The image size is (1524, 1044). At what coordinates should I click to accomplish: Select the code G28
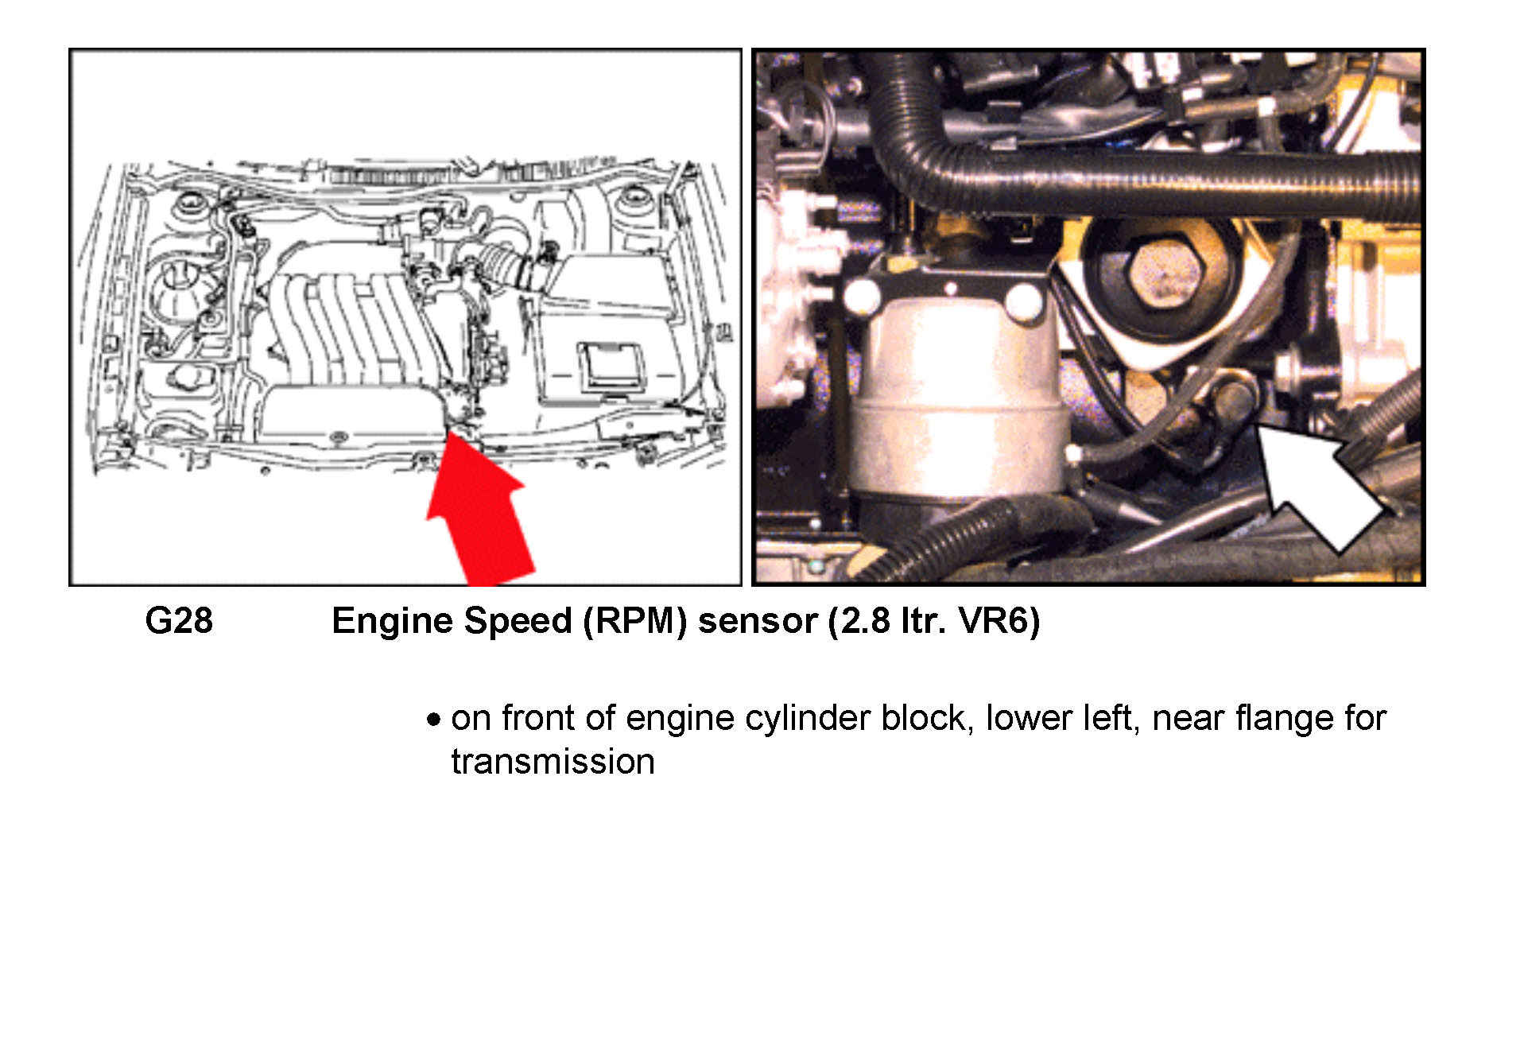[x=179, y=620]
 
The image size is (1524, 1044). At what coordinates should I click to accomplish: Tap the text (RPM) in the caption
[x=635, y=621]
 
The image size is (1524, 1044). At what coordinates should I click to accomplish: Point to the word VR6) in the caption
[x=999, y=621]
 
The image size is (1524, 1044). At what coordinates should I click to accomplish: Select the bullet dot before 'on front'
[x=433, y=720]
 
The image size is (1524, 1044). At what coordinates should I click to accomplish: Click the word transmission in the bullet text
[x=553, y=762]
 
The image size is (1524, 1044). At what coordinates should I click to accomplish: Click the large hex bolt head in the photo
[x=1163, y=275]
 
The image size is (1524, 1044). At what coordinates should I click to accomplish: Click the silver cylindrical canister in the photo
[x=958, y=390]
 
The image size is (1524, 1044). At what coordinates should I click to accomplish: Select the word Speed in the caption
[x=518, y=621]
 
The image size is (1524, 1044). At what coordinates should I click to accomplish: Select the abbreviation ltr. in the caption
[x=924, y=621]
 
